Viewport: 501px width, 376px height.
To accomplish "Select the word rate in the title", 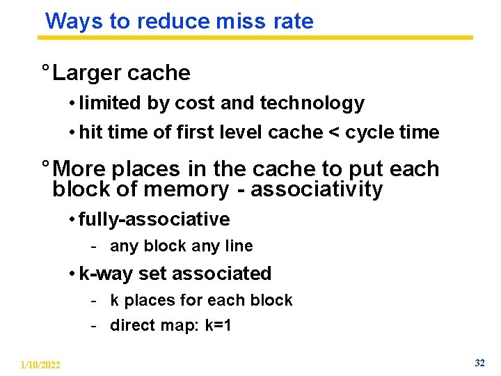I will pyautogui.click(x=294, y=21).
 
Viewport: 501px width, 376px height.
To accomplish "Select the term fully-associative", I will pyautogui.click(x=154, y=219).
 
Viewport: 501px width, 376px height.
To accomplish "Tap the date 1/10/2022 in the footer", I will pyautogui.click(x=40, y=365).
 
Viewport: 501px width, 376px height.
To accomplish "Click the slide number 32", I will pyautogui.click(x=479, y=363).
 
